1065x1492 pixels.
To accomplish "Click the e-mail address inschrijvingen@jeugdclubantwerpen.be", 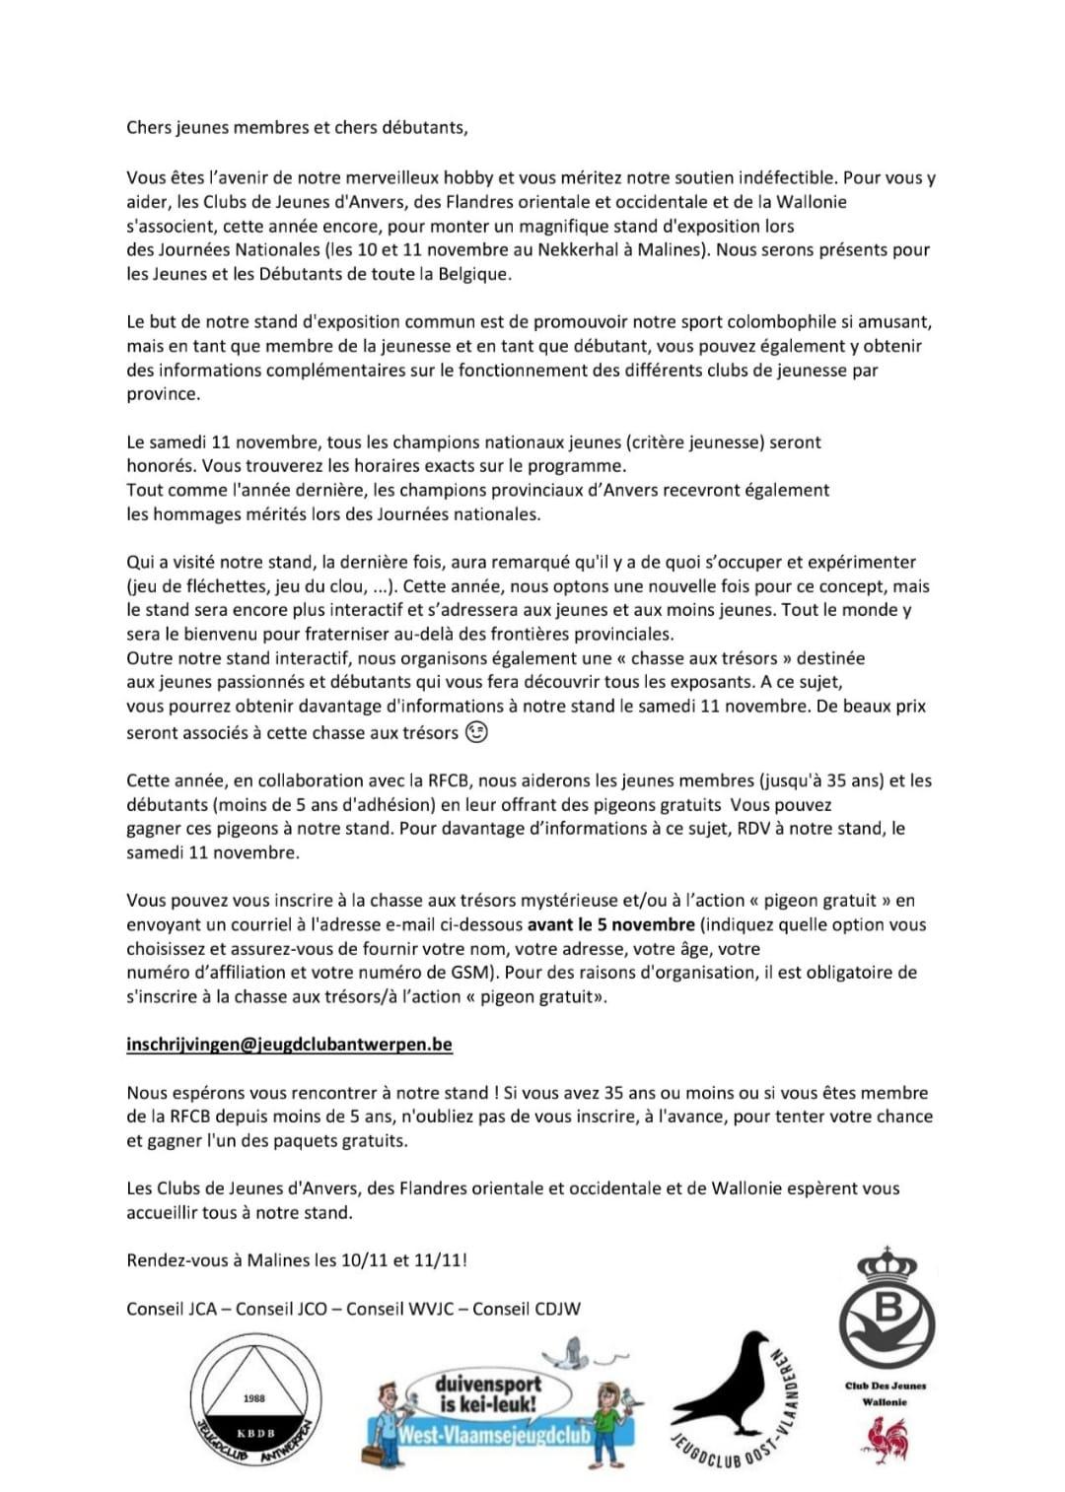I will [x=289, y=1045].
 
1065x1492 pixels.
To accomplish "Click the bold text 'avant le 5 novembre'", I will [x=610, y=924].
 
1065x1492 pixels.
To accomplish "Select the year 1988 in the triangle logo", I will [x=253, y=1398].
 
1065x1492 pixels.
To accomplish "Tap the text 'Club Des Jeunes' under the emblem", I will [x=886, y=1386].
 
